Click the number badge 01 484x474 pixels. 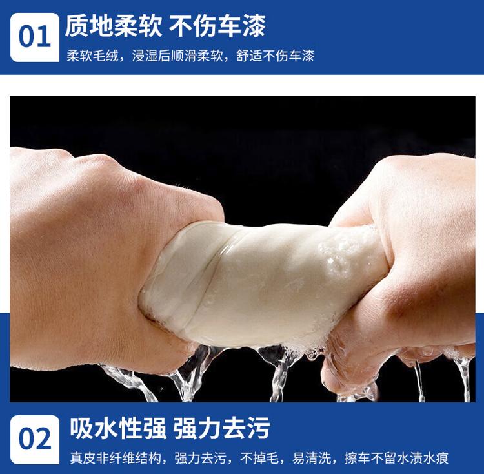point(35,37)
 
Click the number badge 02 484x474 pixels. point(35,439)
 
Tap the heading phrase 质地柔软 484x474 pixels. point(114,26)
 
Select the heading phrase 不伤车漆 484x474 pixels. point(217,26)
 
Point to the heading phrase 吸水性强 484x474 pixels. point(118,428)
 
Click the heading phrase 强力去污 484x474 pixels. point(221,428)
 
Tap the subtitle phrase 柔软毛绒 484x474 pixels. point(92,56)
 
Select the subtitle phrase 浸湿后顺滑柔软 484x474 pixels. point(177,56)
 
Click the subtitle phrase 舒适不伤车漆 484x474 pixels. point(276,56)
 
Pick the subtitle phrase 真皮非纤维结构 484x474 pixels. point(116,458)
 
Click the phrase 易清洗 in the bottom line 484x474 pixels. point(312,458)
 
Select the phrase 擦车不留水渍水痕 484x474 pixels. point(396,458)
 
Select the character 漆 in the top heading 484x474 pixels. point(254,26)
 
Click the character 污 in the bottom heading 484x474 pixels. point(259,428)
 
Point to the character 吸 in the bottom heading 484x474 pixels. point(81,428)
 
